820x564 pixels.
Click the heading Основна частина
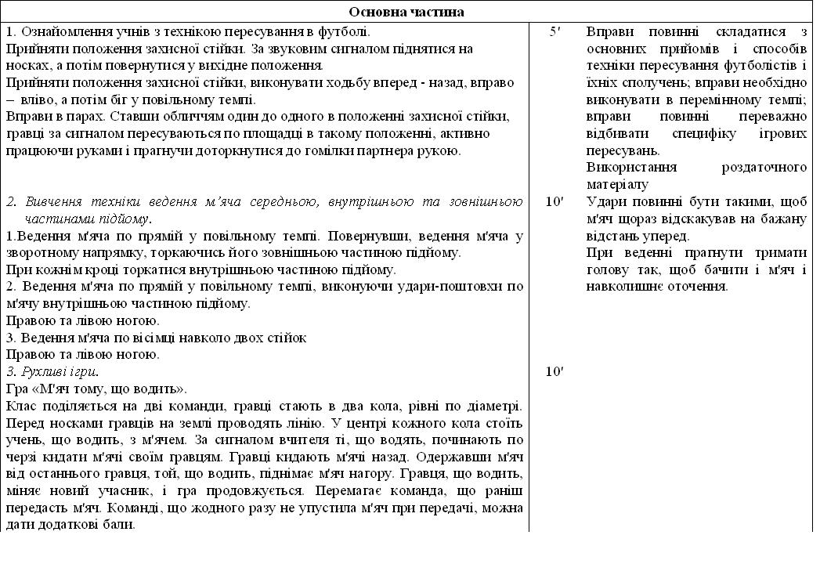click(406, 12)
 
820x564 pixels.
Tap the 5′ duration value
click(554, 32)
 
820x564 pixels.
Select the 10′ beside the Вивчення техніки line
click(554, 202)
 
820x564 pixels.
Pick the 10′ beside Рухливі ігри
click(554, 371)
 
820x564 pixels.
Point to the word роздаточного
click(765, 168)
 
